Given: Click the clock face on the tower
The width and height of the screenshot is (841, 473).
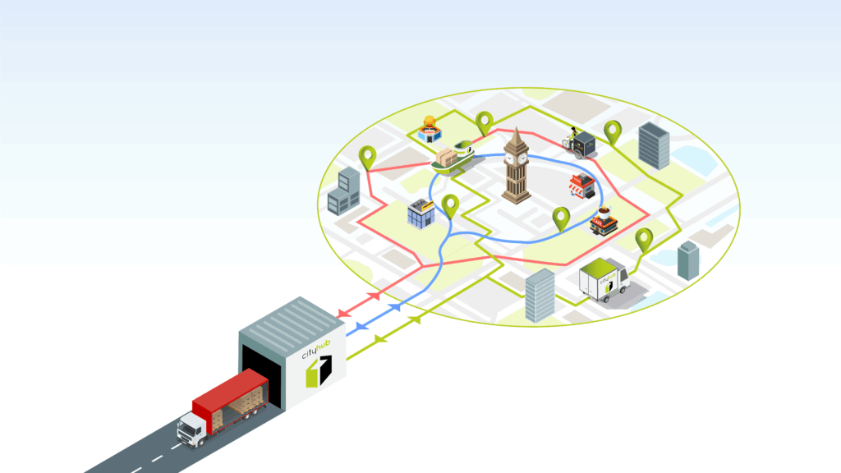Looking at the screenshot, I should (515, 158).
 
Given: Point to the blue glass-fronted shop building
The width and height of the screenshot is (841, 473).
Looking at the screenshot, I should (422, 214).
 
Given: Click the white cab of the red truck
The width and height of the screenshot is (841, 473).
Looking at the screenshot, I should (191, 427).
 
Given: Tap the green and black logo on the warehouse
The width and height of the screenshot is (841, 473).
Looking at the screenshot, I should (319, 370).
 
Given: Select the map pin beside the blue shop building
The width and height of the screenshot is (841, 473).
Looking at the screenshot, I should (449, 204).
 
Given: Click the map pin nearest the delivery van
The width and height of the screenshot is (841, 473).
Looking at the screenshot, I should (645, 238).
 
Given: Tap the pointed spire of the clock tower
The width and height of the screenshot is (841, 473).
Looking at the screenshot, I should (516, 132).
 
